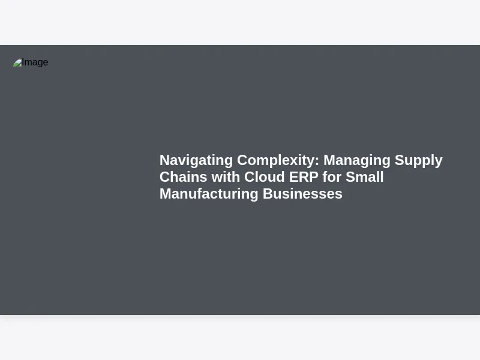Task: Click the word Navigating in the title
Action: tap(196, 160)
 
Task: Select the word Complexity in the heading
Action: tap(277, 160)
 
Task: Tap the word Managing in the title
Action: tap(357, 160)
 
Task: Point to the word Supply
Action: tap(418, 160)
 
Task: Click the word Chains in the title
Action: tap(184, 177)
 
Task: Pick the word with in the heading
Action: tap(226, 177)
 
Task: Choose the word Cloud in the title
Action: tap(265, 177)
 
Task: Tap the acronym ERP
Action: tap(304, 177)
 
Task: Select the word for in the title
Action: tap(332, 177)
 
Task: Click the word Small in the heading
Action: tap(365, 177)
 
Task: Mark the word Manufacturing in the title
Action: tap(209, 194)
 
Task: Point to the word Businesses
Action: tap(302, 194)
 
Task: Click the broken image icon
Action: tap(17, 62)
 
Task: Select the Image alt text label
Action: tap(35, 62)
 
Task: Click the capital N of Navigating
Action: tap(164, 160)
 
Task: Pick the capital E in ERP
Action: tap(293, 177)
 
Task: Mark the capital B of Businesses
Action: tap(268, 194)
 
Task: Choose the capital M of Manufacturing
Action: tap(166, 194)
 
